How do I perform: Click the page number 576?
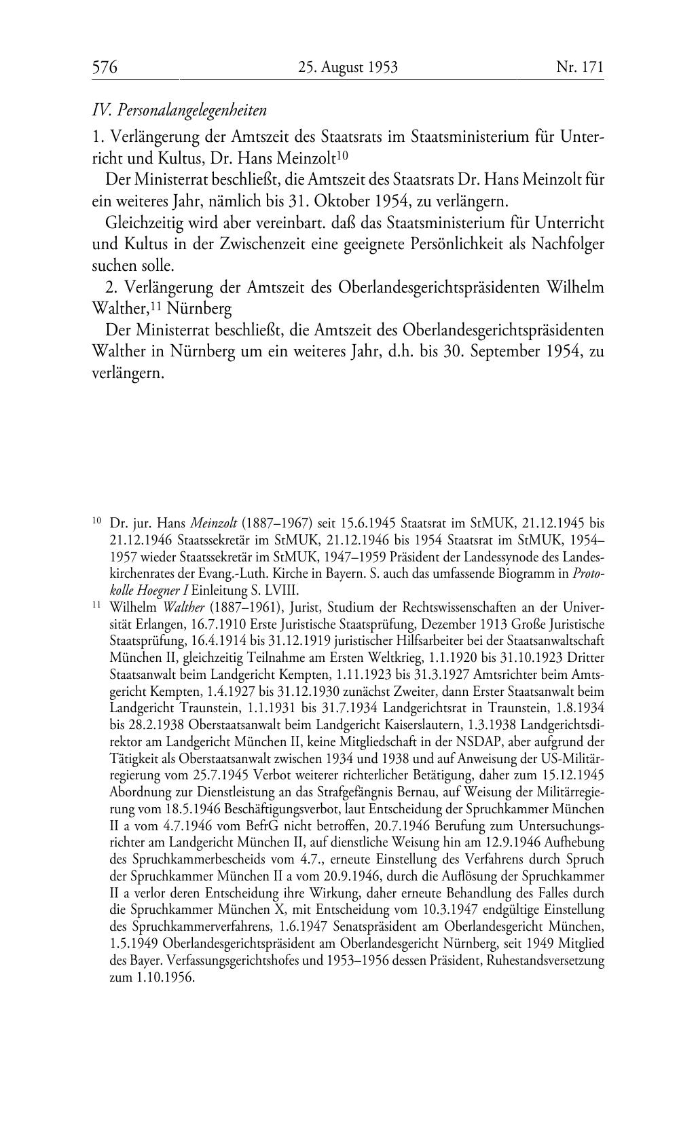105,67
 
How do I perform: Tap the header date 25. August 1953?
347,67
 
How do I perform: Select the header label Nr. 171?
579,67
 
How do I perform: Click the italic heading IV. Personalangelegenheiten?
179,110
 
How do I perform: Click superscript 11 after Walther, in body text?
155,305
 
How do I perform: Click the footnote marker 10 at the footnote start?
97,521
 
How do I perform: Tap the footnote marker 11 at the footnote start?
97,605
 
